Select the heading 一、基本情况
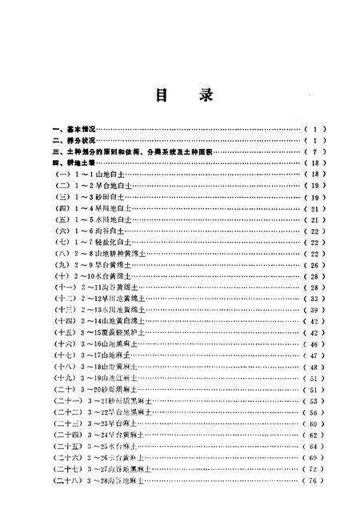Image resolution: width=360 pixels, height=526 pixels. coord(74,128)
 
